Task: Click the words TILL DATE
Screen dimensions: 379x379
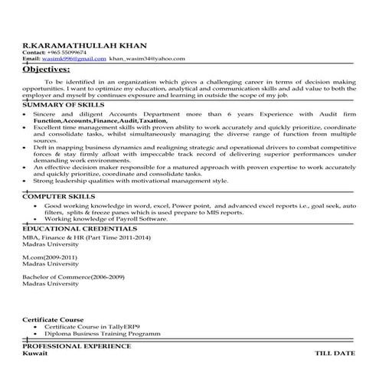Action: [x=335, y=354]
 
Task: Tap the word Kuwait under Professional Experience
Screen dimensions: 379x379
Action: [x=34, y=354]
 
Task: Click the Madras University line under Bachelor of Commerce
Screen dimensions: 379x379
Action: [x=50, y=283]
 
